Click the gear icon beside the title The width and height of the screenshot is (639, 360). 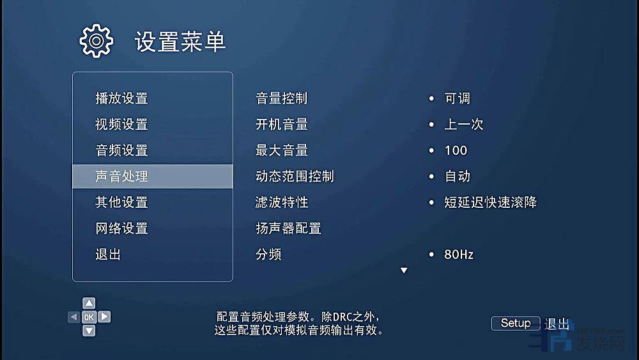(96, 41)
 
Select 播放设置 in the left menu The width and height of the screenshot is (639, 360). (121, 98)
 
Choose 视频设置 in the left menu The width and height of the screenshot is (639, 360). (121, 124)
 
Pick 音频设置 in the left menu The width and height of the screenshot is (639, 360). (121, 150)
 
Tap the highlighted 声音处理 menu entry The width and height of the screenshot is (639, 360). (153, 176)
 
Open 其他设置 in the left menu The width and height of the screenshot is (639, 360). (121, 202)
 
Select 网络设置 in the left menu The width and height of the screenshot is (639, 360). (121, 228)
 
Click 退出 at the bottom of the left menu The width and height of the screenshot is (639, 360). (108, 254)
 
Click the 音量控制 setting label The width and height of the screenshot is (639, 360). (282, 98)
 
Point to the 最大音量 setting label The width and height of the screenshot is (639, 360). (282, 150)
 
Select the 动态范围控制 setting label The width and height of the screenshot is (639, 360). (295, 176)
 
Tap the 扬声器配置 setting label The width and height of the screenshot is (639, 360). (288, 228)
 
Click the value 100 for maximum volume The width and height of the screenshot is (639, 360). (456, 150)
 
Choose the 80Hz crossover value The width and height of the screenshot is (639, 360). (459, 254)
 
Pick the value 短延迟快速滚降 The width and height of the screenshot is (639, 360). (491, 202)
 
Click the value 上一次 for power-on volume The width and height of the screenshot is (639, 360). (464, 124)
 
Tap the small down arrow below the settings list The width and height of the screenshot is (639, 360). (404, 270)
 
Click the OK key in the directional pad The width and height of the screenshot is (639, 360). (89, 317)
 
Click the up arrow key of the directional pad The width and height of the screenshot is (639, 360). (89, 303)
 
